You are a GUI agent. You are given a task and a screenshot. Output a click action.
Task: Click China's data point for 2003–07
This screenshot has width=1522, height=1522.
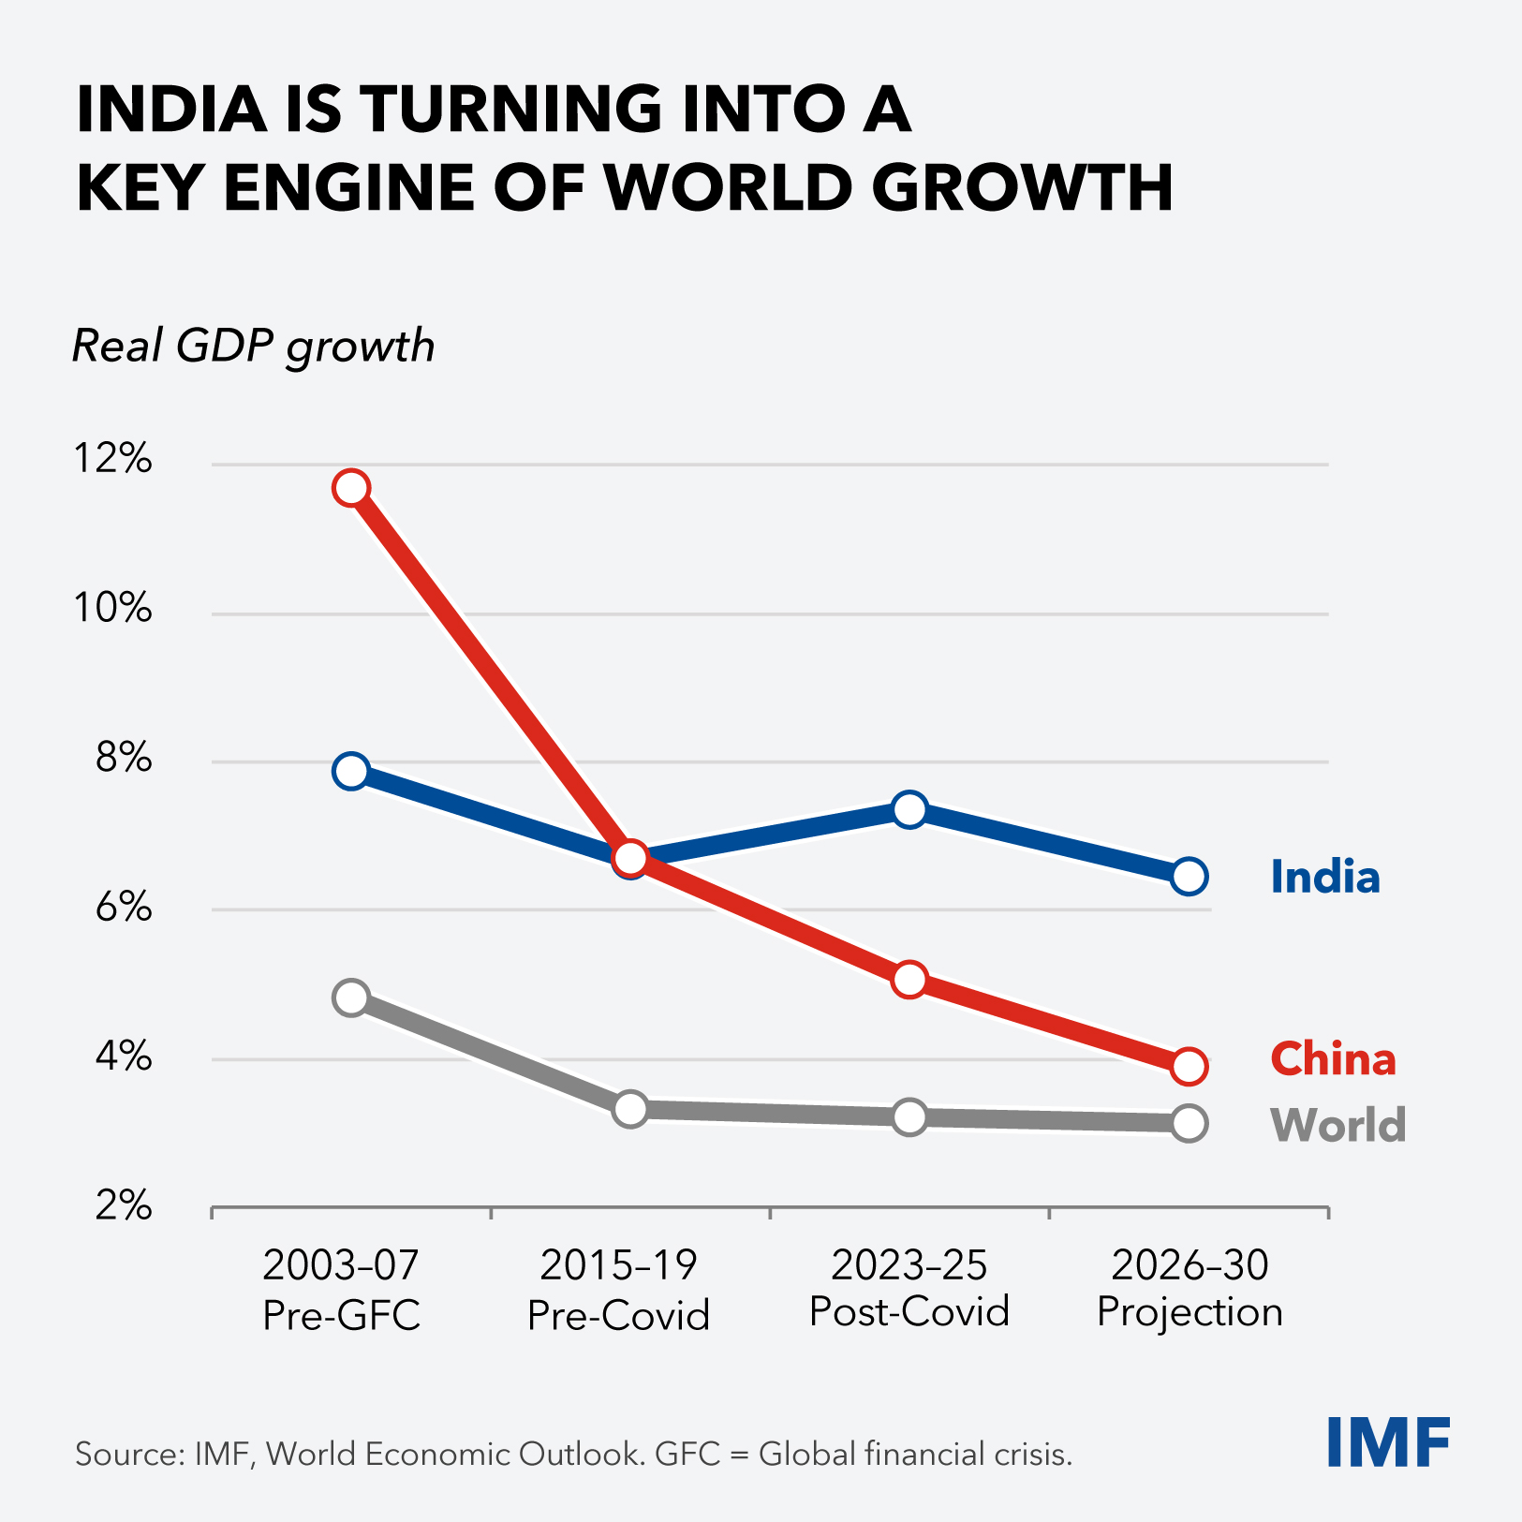[351, 488]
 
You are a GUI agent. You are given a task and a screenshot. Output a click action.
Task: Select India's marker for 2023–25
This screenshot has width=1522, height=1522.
[909, 809]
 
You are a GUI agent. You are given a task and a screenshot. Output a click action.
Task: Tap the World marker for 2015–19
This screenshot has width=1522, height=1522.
[630, 1109]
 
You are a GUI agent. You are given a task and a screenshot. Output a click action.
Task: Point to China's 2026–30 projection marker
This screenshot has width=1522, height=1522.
[1189, 1066]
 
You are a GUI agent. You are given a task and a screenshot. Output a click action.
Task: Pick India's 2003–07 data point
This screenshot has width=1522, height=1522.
[351, 771]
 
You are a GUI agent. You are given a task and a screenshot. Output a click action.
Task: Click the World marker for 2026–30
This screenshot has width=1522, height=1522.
[1189, 1122]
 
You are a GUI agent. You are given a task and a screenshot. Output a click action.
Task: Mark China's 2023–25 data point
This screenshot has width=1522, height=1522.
[909, 980]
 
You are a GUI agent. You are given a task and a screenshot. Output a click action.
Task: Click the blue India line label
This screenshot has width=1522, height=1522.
[1324, 878]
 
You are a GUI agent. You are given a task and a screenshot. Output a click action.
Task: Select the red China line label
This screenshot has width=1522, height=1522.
[1332, 1059]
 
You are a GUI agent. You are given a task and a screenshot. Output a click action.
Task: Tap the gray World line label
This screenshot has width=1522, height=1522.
[1337, 1125]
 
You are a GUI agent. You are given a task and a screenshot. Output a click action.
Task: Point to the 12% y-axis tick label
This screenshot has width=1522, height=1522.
[112, 459]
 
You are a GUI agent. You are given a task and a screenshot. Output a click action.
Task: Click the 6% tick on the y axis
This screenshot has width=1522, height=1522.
[123, 908]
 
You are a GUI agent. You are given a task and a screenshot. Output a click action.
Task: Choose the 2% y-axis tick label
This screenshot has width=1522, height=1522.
[123, 1206]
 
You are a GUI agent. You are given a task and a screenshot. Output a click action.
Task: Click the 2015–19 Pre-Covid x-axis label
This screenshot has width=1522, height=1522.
[618, 1290]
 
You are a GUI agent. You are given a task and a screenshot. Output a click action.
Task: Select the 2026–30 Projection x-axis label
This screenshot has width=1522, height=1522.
[1190, 1290]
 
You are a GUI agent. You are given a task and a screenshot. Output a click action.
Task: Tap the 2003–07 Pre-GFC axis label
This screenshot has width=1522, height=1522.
[341, 1290]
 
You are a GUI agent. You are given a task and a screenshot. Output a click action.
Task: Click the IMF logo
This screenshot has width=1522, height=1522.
[1388, 1442]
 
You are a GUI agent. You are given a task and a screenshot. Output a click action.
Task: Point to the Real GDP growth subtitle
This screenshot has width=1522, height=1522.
[253, 347]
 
